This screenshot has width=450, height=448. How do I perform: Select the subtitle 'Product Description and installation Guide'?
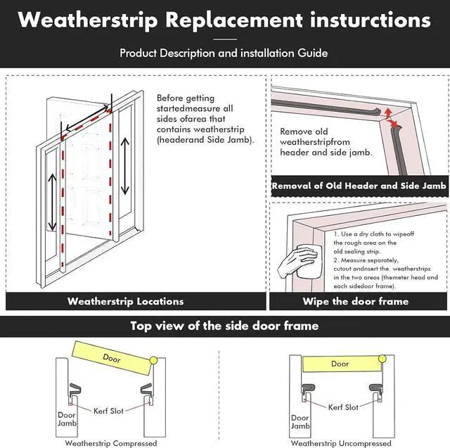click(224, 53)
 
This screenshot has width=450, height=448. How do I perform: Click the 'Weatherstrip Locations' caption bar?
click(125, 301)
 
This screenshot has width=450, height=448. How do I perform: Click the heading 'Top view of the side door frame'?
click(224, 326)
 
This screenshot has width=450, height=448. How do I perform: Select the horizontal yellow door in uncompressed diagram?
click(340, 364)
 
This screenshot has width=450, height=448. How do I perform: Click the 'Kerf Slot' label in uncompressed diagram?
click(342, 407)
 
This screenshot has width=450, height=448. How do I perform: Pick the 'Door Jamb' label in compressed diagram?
click(67, 420)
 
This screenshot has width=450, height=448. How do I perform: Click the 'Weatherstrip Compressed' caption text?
click(110, 443)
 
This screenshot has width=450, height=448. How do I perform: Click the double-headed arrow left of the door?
click(52, 200)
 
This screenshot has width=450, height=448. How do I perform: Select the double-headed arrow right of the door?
click(125, 165)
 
